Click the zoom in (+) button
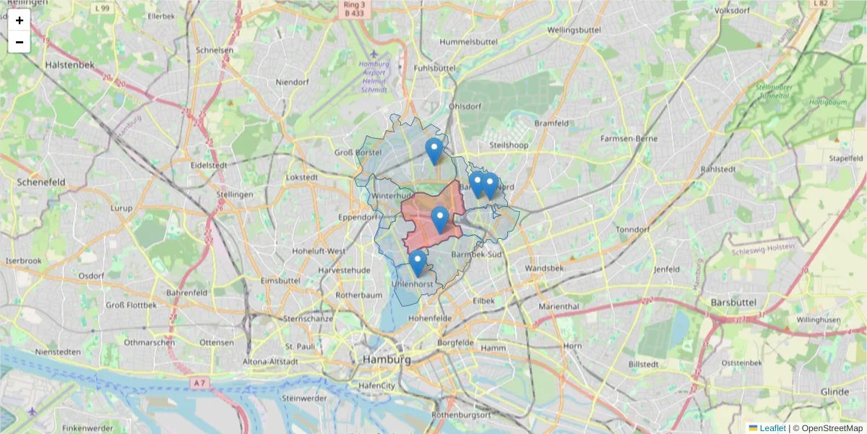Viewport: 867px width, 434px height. click(20, 20)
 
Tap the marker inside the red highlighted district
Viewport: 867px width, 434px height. click(439, 219)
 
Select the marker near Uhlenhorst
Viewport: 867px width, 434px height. click(417, 263)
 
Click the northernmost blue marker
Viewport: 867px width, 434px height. click(433, 151)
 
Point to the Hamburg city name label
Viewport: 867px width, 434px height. click(387, 359)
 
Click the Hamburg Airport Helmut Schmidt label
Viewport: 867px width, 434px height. click(374, 77)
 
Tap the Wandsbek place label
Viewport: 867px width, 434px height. click(554, 268)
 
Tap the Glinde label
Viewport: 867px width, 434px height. click(834, 391)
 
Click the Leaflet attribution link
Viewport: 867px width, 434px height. click(772, 428)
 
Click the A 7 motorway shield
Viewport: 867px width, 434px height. click(200, 381)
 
